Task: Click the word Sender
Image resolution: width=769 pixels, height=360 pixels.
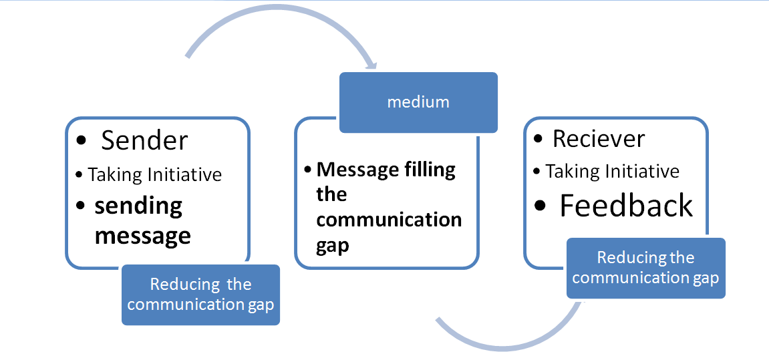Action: (144, 141)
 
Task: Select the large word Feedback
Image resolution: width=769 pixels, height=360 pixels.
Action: (626, 206)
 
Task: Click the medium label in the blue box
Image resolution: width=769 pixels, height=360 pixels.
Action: (418, 102)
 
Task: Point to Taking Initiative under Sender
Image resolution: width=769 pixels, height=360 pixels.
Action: (154, 175)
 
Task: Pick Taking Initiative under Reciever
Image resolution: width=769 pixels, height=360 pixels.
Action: (612, 172)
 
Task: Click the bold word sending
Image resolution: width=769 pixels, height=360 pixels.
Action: (138, 206)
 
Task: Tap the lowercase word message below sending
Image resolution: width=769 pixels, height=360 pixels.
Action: (142, 236)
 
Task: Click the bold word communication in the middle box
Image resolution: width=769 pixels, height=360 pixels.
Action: (389, 220)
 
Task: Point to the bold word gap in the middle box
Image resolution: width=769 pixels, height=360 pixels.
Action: (332, 246)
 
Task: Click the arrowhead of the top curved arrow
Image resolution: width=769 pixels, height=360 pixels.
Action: (369, 65)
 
